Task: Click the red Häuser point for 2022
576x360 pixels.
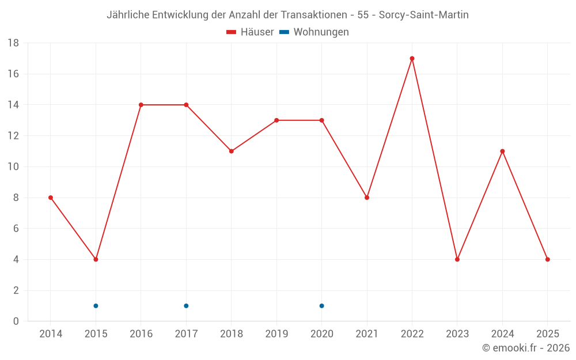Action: click(412, 58)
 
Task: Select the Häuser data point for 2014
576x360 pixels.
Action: click(51, 198)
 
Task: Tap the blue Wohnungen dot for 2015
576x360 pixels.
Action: click(96, 306)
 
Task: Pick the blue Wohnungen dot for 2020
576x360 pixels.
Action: click(321, 306)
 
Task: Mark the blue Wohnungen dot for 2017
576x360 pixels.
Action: click(186, 306)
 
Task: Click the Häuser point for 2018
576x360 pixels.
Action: click(231, 151)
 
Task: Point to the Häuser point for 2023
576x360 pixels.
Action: click(457, 259)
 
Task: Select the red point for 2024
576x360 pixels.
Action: click(502, 151)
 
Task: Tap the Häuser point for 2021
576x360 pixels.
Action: click(367, 198)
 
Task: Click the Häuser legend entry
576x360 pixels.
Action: click(250, 32)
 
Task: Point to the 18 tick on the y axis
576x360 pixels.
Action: click(13, 43)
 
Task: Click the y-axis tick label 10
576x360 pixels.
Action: click(13, 167)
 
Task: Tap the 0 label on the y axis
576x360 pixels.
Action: click(16, 321)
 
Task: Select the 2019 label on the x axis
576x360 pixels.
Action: click(276, 334)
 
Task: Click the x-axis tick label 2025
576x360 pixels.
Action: click(547, 334)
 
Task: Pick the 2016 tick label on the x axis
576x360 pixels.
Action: click(141, 334)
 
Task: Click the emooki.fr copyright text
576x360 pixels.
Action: click(526, 348)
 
